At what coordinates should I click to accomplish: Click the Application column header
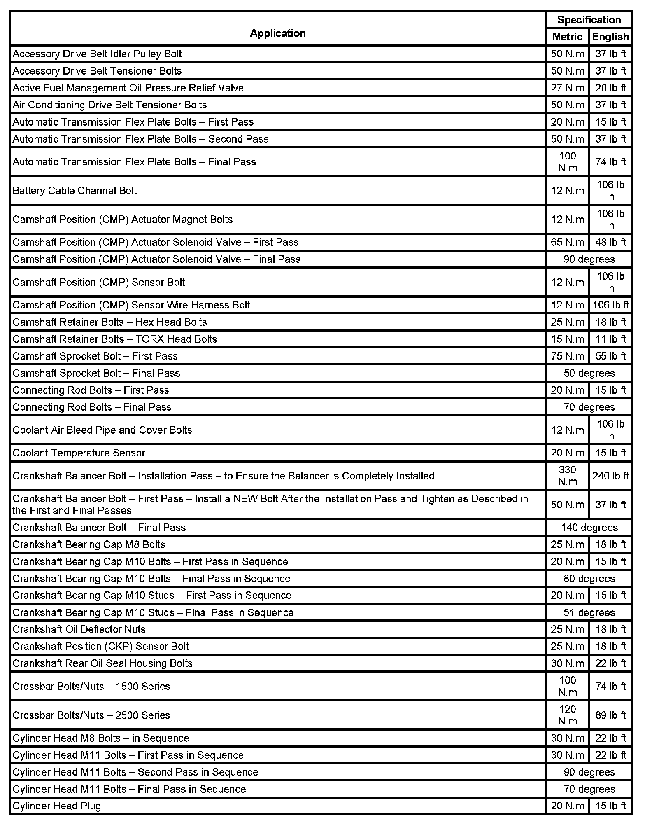pos(278,33)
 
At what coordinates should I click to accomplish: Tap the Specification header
pos(589,20)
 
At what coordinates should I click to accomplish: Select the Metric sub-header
pos(567,37)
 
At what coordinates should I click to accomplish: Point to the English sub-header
pos(610,37)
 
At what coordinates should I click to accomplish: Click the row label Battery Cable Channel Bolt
pos(75,191)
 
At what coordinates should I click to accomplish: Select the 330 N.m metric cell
pos(567,476)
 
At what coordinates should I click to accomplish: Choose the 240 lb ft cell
pos(610,476)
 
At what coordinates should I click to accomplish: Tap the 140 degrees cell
pos(589,528)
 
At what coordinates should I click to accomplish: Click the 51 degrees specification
pos(589,612)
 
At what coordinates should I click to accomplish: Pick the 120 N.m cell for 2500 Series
pos(567,715)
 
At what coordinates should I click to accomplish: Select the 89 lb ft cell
pos(610,715)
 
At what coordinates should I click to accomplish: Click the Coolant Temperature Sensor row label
pos(79,453)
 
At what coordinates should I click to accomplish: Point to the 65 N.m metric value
pos(567,242)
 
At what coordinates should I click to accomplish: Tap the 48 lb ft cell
pos(610,242)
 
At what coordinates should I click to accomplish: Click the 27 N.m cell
pos(567,88)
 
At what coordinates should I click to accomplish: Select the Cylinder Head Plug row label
pos(57,806)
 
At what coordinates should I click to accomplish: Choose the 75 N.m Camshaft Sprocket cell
pos(567,356)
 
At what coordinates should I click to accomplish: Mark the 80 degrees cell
pos(589,578)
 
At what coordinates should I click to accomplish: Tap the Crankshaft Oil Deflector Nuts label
pos(79,629)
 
